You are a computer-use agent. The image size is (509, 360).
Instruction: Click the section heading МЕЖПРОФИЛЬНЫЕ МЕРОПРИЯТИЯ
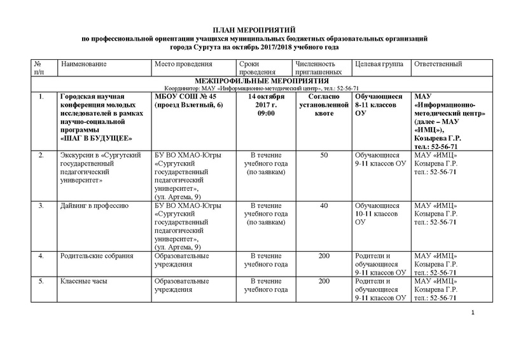pyautogui.click(x=254, y=81)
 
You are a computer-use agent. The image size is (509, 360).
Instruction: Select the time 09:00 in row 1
pyautogui.click(x=263, y=114)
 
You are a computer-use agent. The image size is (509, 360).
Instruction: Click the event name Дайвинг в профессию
pyautogui.click(x=94, y=205)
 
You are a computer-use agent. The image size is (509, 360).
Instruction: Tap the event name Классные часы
pyautogui.click(x=85, y=280)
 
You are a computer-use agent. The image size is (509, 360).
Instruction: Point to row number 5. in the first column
pyautogui.click(x=42, y=280)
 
